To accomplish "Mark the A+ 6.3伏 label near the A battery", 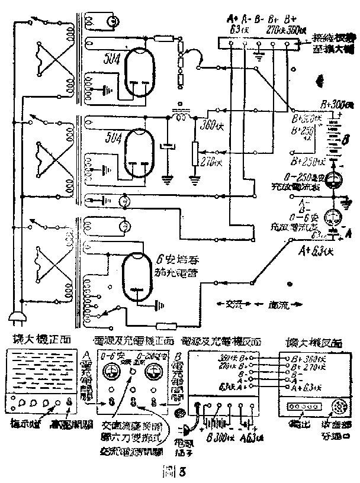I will click(317, 249).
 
